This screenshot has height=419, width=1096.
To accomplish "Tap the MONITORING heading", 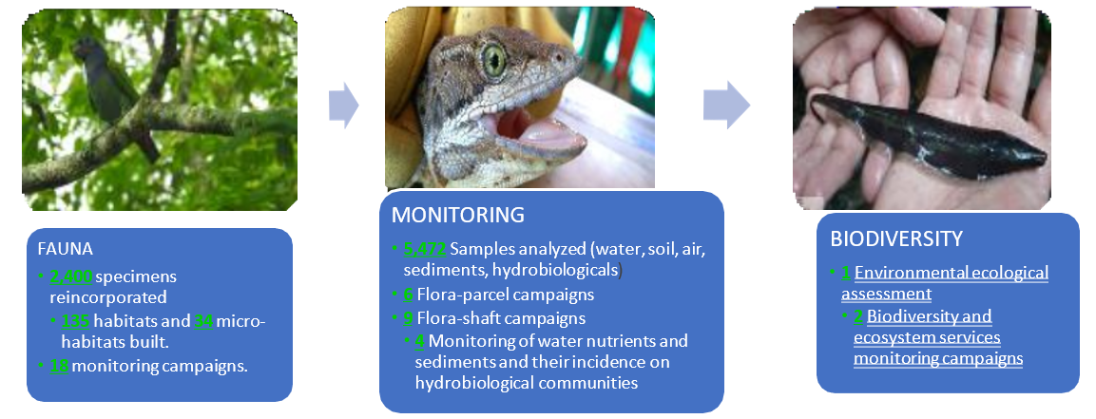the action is tap(458, 215).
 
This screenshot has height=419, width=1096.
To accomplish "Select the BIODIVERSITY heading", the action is tap(896, 238).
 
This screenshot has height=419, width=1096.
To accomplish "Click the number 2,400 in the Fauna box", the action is tap(70, 276).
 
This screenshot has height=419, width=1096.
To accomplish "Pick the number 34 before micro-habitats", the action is tap(203, 321).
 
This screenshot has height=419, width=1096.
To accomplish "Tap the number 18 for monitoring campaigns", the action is tap(59, 366).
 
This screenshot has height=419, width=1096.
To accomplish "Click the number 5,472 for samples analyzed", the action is tap(425, 250).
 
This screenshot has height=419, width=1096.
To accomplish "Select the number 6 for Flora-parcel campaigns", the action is tap(408, 295).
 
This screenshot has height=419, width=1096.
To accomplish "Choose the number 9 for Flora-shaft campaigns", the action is tap(408, 318).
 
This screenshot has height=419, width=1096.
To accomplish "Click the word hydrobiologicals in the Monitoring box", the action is tap(563, 270).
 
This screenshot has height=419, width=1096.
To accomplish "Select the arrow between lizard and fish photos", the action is tap(727, 105).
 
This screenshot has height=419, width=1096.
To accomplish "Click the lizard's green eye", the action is tap(494, 60).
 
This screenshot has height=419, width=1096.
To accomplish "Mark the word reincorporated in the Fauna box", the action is tap(108, 297).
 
